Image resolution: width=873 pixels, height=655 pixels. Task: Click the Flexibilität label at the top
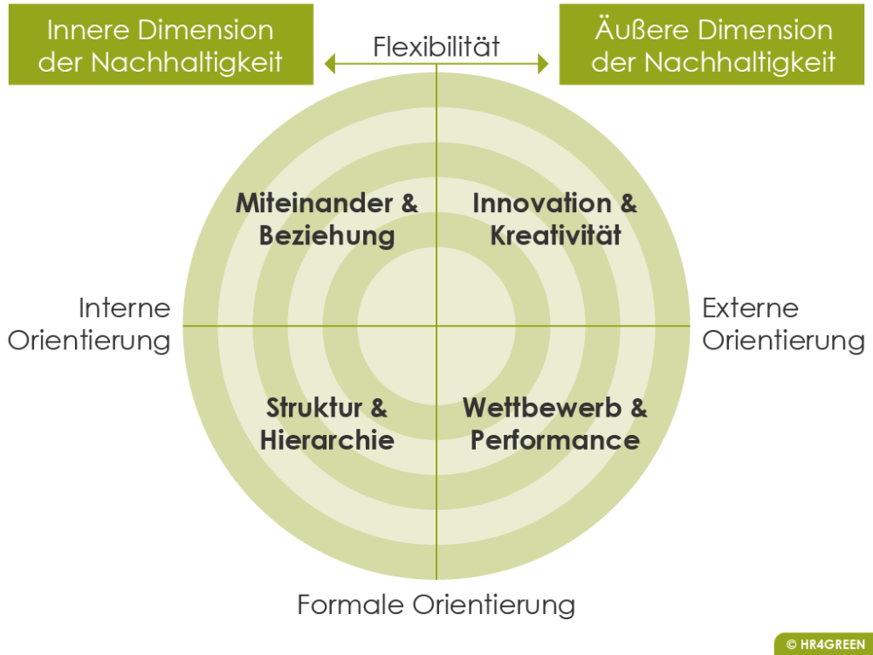(436, 45)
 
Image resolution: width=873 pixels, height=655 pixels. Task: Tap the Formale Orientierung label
(436, 604)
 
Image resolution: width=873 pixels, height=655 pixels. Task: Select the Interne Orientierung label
(89, 324)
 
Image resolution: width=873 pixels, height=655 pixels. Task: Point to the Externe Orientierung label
(783, 324)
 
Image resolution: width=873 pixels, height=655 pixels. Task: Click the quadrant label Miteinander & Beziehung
(327, 219)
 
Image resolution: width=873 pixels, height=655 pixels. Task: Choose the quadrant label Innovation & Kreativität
(555, 219)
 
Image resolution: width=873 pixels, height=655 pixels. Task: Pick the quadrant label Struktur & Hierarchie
(327, 424)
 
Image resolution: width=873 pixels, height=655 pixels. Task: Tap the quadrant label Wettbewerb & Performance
(555, 424)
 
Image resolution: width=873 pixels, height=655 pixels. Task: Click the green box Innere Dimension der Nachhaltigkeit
(161, 45)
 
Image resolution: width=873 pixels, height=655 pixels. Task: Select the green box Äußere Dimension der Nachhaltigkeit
(714, 45)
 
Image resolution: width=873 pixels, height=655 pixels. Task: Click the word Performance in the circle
(555, 439)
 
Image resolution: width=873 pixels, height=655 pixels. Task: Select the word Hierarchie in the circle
(327, 439)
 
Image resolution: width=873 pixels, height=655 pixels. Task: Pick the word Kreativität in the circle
(555, 235)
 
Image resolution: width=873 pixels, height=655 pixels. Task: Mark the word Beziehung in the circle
(327, 235)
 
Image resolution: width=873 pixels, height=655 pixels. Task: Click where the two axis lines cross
(436, 326)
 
